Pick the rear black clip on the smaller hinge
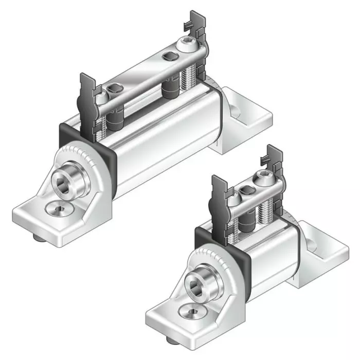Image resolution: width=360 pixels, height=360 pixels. pyautogui.click(x=274, y=164)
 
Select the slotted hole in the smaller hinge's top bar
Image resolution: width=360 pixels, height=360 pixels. pyautogui.click(x=246, y=192)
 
